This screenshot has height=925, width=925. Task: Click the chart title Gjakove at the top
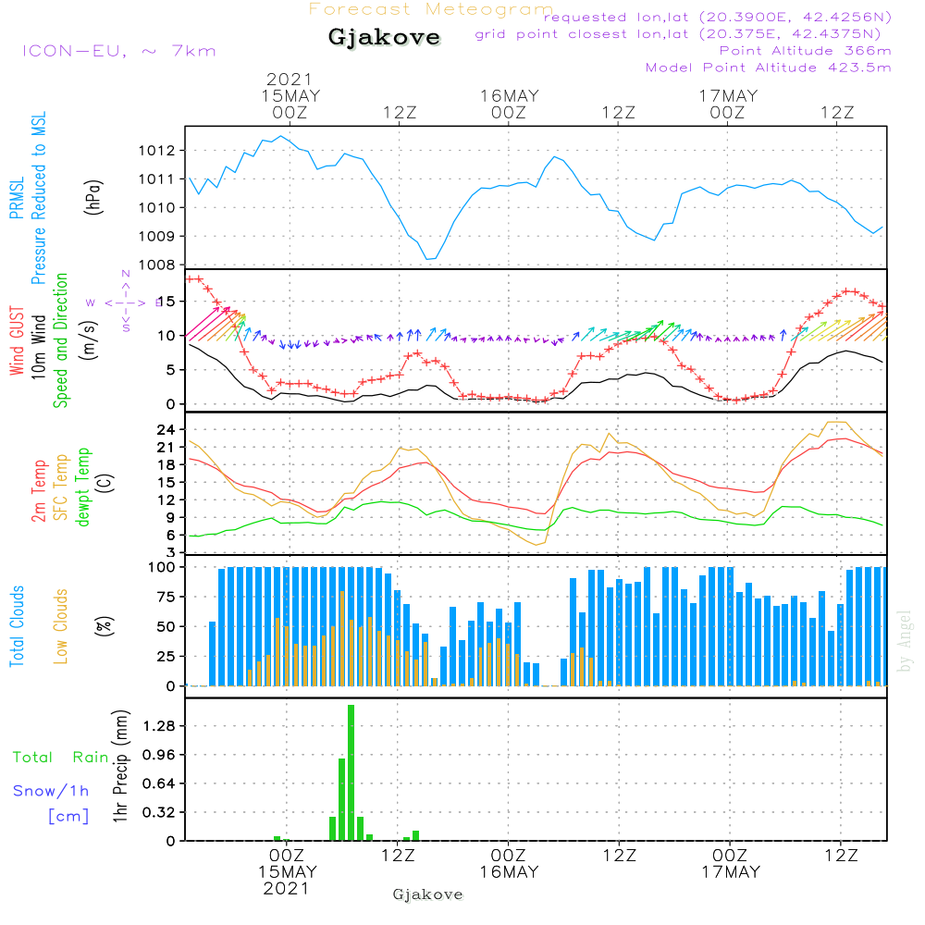point(384,38)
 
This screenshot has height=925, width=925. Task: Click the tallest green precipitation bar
point(351,772)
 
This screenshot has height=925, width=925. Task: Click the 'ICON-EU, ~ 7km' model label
point(118,50)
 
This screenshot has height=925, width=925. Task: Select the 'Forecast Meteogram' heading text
point(431,10)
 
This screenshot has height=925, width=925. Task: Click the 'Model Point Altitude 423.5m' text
point(768,68)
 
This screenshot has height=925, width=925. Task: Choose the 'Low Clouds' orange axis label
point(62,625)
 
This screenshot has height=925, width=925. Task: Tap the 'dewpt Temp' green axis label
point(83,487)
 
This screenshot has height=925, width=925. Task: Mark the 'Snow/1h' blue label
point(51,791)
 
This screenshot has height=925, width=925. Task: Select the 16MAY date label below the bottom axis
point(509,871)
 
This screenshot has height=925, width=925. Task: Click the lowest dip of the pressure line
point(428,259)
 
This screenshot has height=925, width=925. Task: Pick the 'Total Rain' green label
point(61,758)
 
